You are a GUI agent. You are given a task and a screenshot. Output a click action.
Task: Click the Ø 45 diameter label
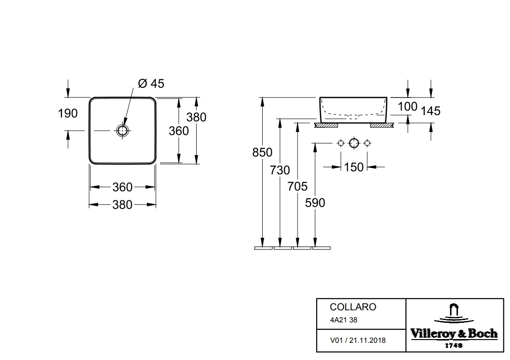pyautogui.click(x=151, y=84)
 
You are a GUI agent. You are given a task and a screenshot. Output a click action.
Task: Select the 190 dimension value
pyautogui.click(x=68, y=113)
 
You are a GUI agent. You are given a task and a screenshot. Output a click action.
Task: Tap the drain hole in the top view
pyautogui.click(x=122, y=131)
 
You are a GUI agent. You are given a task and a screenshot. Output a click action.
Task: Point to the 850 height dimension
pyautogui.click(x=262, y=152)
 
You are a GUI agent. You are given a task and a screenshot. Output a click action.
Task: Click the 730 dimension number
pyautogui.click(x=280, y=170)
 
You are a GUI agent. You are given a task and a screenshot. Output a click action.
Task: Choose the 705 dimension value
pyautogui.click(x=297, y=186)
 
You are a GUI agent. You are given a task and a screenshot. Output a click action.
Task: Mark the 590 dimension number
pyautogui.click(x=315, y=203)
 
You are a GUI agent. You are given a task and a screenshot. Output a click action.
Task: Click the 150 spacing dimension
pyautogui.click(x=353, y=167)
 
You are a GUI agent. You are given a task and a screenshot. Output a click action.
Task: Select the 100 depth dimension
pyautogui.click(x=407, y=106)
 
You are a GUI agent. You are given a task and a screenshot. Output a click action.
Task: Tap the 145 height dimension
pyautogui.click(x=431, y=111)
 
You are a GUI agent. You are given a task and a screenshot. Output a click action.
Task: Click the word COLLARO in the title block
pyautogui.click(x=353, y=307)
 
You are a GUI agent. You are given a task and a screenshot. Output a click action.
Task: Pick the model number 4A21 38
pyautogui.click(x=344, y=320)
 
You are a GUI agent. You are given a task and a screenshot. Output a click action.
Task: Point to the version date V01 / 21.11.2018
pyautogui.click(x=358, y=340)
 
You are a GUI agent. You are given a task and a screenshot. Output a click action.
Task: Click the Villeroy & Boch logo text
pyautogui.click(x=454, y=334)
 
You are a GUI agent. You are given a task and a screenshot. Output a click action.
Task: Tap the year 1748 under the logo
pyautogui.click(x=454, y=346)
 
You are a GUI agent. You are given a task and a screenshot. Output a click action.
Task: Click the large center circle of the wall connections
pyautogui.click(x=354, y=143)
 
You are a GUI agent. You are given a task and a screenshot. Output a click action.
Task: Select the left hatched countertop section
pyautogui.click(x=326, y=125)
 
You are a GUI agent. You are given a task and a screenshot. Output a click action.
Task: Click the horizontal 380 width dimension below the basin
pyautogui.click(x=122, y=205)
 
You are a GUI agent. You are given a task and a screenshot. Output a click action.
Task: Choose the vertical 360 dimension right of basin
pyautogui.click(x=179, y=131)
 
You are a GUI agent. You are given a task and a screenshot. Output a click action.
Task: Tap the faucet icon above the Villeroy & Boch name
pyautogui.click(x=454, y=313)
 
